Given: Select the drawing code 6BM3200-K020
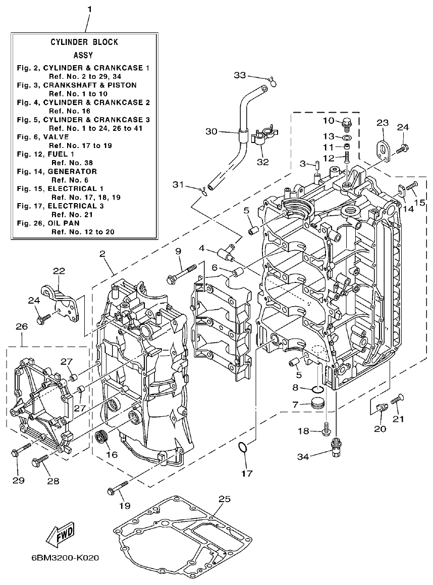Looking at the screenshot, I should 64,558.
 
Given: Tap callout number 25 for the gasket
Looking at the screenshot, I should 224,499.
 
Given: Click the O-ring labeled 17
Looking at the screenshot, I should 243,448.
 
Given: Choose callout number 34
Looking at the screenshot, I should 302,457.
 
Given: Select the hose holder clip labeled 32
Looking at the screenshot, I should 263,136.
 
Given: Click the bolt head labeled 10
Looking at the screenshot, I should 346,122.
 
